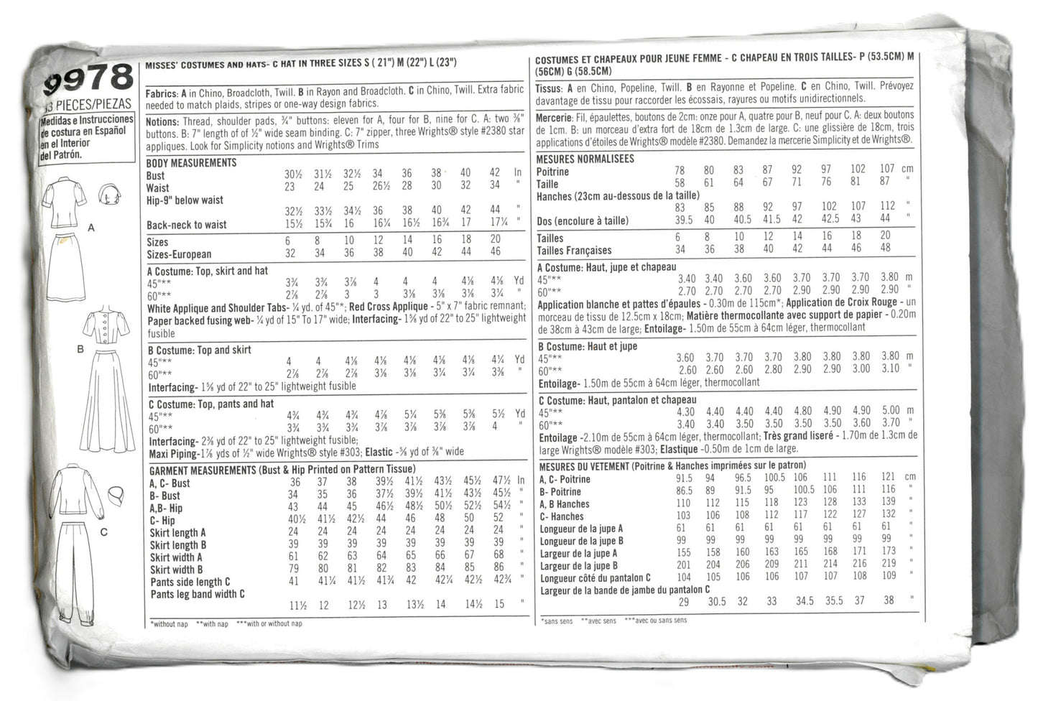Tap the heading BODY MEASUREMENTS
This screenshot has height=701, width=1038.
[191, 163]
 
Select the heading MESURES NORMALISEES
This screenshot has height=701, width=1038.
[585, 159]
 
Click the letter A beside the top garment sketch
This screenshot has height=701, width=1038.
[91, 228]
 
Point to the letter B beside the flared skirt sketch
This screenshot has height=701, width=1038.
[80, 349]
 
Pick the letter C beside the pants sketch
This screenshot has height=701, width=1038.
[104, 532]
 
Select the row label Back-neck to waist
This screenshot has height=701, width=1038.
[186, 225]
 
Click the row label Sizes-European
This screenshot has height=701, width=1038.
[179, 254]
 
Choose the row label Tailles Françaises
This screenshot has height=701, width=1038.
[573, 251]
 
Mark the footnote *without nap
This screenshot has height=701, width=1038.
[170, 624]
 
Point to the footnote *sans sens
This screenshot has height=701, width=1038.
[556, 621]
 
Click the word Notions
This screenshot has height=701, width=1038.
[162, 121]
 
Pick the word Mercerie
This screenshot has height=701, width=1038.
[554, 117]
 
